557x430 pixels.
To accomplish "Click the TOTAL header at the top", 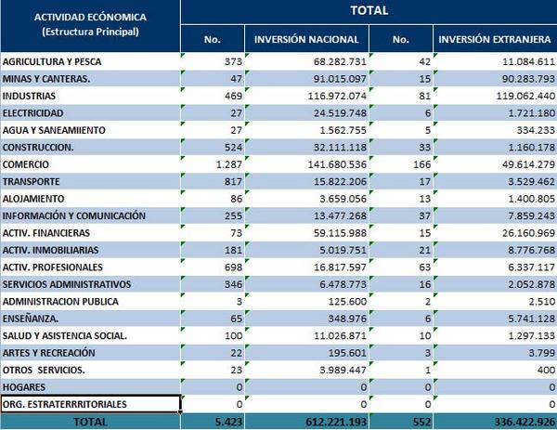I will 369,11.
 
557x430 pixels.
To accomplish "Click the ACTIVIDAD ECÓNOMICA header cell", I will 90,25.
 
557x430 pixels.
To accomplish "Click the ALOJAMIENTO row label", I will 33,198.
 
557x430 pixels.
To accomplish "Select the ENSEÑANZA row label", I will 32,318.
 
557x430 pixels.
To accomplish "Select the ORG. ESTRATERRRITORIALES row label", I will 65,404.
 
